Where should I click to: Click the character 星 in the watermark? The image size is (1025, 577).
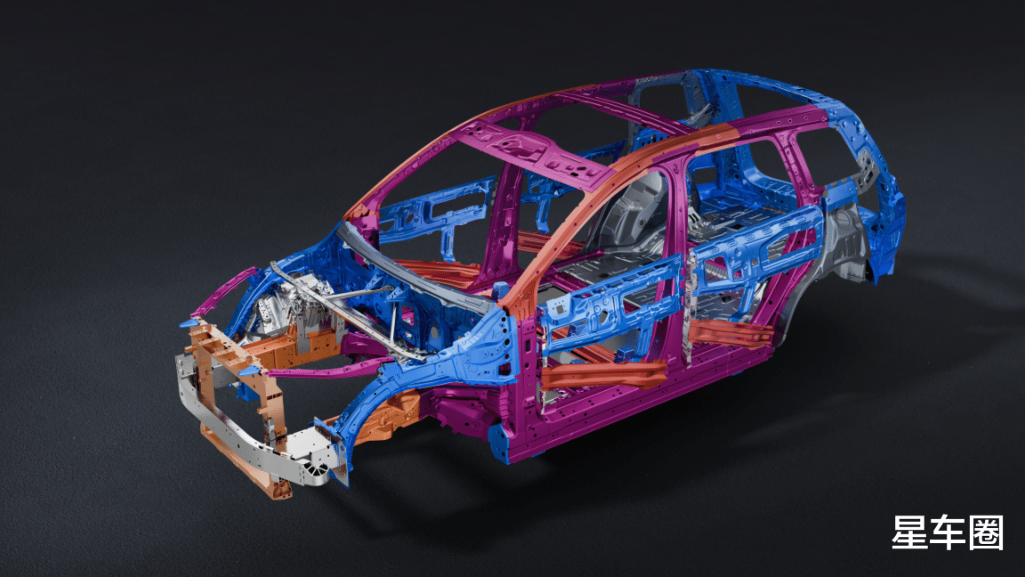click(x=910, y=532)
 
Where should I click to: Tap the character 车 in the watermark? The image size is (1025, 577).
click(x=948, y=532)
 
